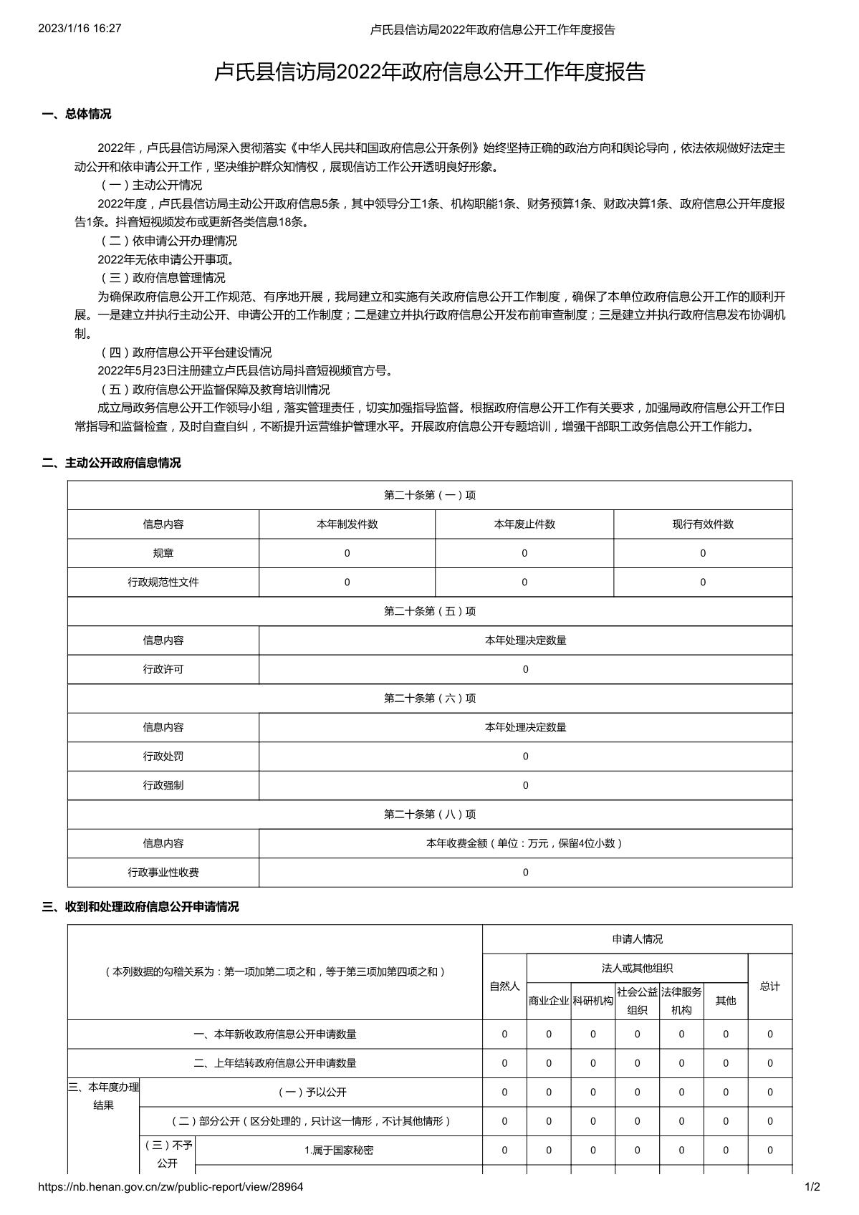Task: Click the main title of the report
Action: pos(430,72)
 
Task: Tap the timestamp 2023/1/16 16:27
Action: pos(80,29)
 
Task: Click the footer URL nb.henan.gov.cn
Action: pos(170,1186)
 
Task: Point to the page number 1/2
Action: pos(812,1186)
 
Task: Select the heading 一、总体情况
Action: pos(77,114)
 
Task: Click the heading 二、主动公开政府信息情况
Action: pos(111,463)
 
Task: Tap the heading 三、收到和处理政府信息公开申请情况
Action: pos(140,907)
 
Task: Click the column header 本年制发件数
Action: pos(347,524)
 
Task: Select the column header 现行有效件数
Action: pos(703,524)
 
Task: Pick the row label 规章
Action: pos(163,553)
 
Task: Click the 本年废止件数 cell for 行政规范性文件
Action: pos(524,582)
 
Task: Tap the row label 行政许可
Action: pos(163,669)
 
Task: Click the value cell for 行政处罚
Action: pos(525,757)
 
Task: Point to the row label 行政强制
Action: pos(163,785)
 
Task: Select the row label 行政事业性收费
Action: pos(163,873)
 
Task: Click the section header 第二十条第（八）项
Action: pos(430,815)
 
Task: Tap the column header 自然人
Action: pos(504,986)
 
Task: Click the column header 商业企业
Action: pos(549,1001)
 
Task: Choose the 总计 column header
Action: pos(770,986)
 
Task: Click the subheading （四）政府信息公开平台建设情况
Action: pos(185,352)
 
